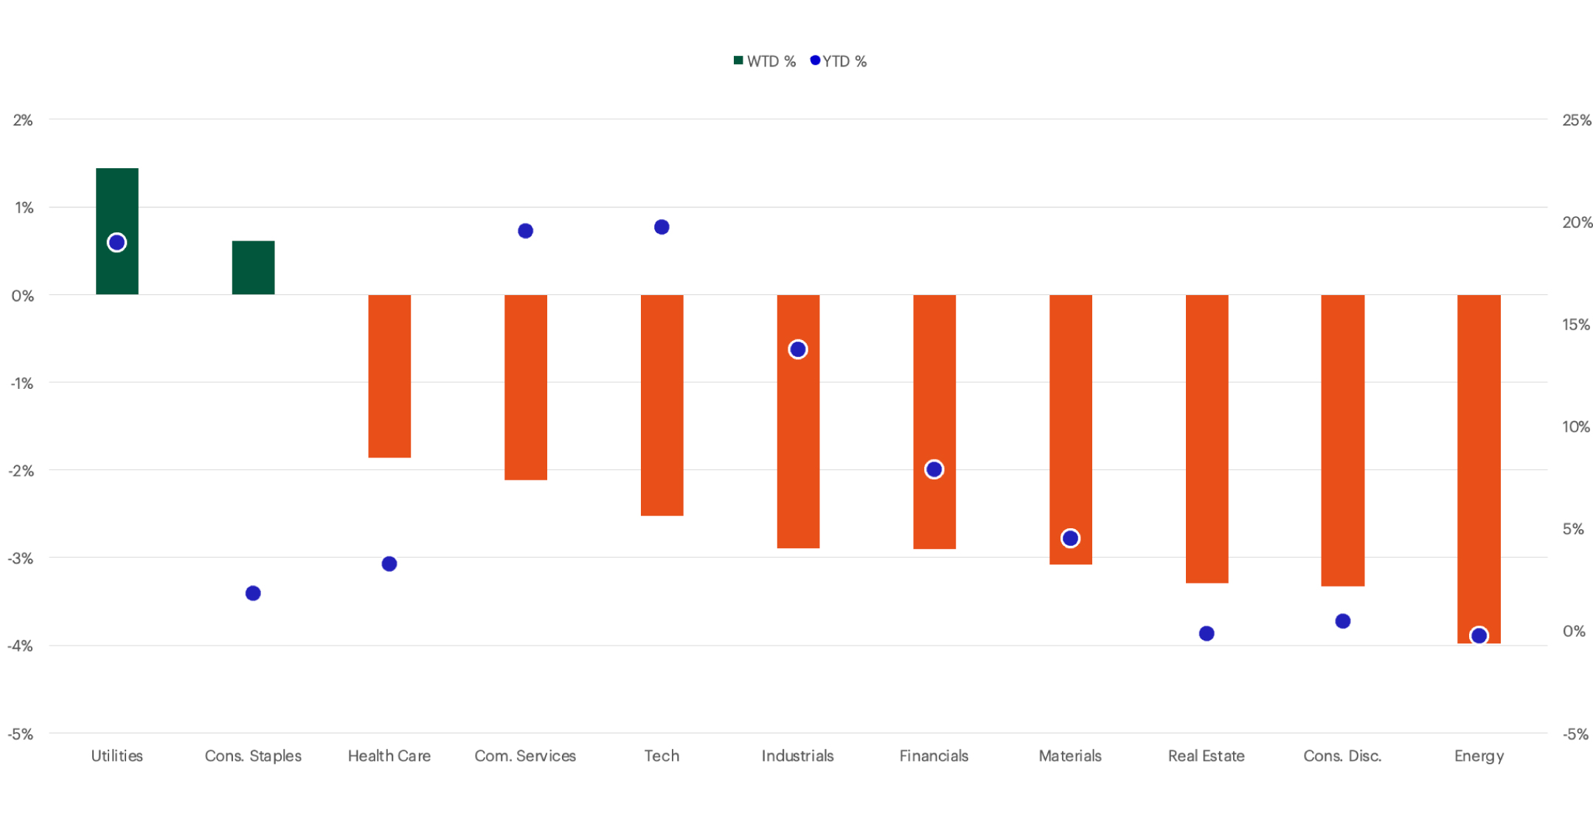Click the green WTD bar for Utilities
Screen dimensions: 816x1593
[117, 199]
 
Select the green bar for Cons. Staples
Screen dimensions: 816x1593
[253, 267]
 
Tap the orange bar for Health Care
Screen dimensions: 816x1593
[389, 376]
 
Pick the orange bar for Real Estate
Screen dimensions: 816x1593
[1207, 438]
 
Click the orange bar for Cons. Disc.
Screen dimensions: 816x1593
[1342, 440]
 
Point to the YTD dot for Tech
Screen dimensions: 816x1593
[662, 227]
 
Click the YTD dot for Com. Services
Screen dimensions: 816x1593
[525, 231]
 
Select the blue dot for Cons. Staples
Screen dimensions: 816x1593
[253, 593]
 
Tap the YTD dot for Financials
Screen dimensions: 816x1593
[934, 469]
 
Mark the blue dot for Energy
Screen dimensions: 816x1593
[1479, 635]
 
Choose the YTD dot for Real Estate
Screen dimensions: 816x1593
[1207, 633]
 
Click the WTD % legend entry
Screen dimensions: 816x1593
[765, 61]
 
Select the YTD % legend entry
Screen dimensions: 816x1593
[839, 61]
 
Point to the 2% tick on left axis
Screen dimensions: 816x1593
[23, 120]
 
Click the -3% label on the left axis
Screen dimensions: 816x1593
[21, 559]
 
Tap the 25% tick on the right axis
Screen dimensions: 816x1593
[1576, 120]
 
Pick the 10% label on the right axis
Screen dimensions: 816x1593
[1576, 427]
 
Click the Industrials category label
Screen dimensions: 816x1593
[797, 756]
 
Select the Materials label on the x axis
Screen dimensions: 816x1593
[1070, 756]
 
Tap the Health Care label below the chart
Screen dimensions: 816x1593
[389, 756]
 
